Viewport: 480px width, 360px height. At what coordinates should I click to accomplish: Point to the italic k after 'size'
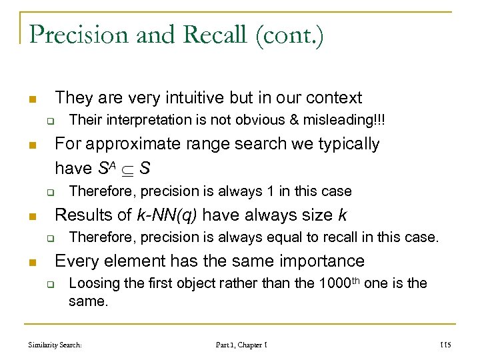[x=343, y=215]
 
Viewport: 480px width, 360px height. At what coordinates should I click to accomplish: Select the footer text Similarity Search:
[x=55, y=345]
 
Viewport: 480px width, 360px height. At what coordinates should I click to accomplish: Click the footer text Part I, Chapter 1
[x=241, y=345]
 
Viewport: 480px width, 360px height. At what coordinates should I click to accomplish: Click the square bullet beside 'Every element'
[x=31, y=261]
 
